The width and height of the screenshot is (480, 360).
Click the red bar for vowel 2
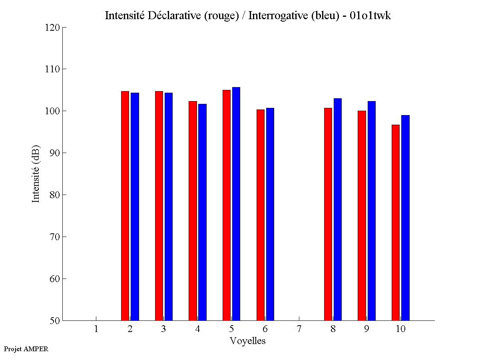(125, 206)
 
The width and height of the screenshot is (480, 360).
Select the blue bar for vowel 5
(236, 204)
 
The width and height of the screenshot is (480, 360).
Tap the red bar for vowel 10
(396, 223)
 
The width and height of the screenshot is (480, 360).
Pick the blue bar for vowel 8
(338, 209)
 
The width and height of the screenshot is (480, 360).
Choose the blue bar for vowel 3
(169, 207)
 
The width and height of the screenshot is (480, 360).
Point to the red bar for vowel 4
(193, 211)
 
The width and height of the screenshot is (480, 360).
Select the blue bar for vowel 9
(372, 211)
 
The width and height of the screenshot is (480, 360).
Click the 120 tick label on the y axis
(53, 28)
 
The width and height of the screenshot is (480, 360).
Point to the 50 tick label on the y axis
(55, 320)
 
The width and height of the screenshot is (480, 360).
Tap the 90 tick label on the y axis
(55, 153)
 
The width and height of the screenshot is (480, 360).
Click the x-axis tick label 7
(299, 329)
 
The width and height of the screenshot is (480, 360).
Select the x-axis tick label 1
(96, 329)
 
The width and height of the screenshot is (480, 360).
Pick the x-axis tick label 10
(400, 329)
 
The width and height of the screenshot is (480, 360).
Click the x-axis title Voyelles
(248, 341)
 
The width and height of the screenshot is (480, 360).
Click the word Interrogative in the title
(279, 16)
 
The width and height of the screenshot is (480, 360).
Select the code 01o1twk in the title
(370, 16)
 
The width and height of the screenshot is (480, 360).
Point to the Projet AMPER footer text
(26, 349)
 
